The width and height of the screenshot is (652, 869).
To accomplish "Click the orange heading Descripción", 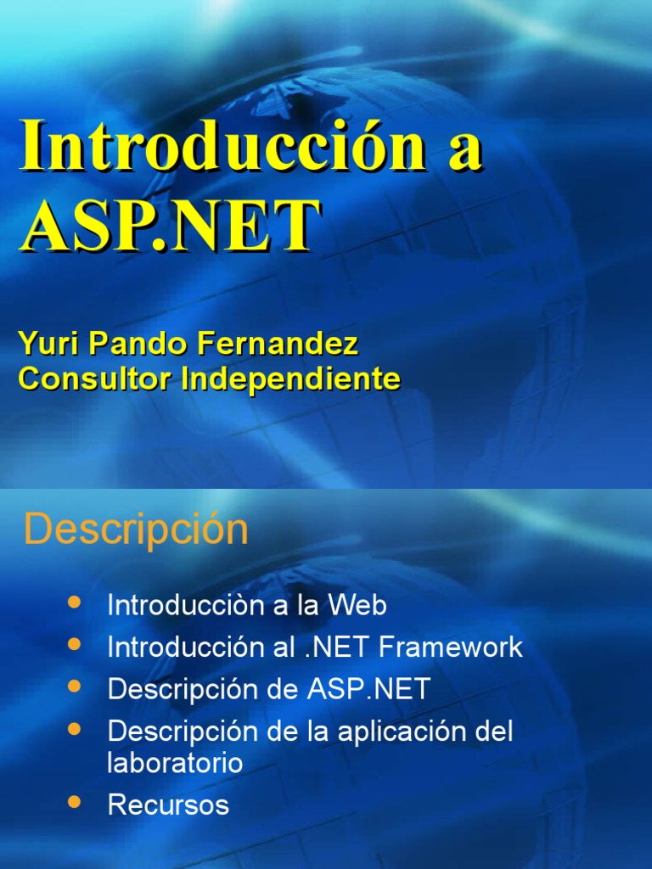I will (x=136, y=530).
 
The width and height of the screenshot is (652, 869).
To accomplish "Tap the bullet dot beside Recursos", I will (x=74, y=800).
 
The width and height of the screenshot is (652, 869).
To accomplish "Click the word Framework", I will (x=451, y=648).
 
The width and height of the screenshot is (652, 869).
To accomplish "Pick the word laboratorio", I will (x=175, y=762).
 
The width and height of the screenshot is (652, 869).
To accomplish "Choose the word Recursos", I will (x=168, y=805).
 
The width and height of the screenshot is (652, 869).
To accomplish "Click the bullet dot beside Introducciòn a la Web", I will (x=74, y=602).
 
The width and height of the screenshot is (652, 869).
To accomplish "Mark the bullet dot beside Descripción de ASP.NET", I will (x=74, y=684).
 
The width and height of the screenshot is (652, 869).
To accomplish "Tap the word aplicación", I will (x=404, y=731).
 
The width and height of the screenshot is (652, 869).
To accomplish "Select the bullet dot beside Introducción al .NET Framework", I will (x=74, y=643).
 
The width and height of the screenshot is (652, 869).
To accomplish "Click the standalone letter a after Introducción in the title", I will (x=464, y=151).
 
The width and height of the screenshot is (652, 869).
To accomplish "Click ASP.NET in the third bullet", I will (x=368, y=688).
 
